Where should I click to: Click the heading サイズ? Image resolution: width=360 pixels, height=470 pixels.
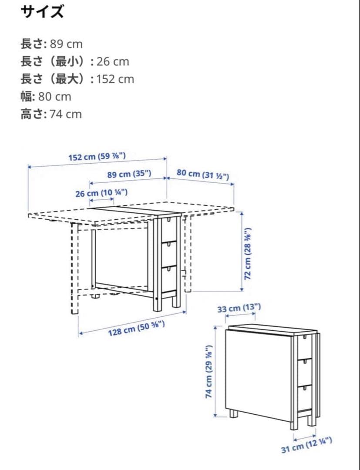[x=42, y=12]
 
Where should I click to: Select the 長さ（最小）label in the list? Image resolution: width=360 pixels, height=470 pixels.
[x=54, y=61]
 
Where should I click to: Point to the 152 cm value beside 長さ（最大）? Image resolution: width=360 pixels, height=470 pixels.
[x=115, y=79]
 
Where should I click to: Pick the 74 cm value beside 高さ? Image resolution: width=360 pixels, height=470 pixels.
[x=65, y=114]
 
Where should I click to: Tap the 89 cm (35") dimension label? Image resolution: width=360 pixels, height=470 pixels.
[x=129, y=175]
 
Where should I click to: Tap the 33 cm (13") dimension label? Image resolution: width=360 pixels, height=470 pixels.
[x=239, y=309]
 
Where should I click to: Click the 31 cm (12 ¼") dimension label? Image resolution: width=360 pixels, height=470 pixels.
[x=307, y=446]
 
